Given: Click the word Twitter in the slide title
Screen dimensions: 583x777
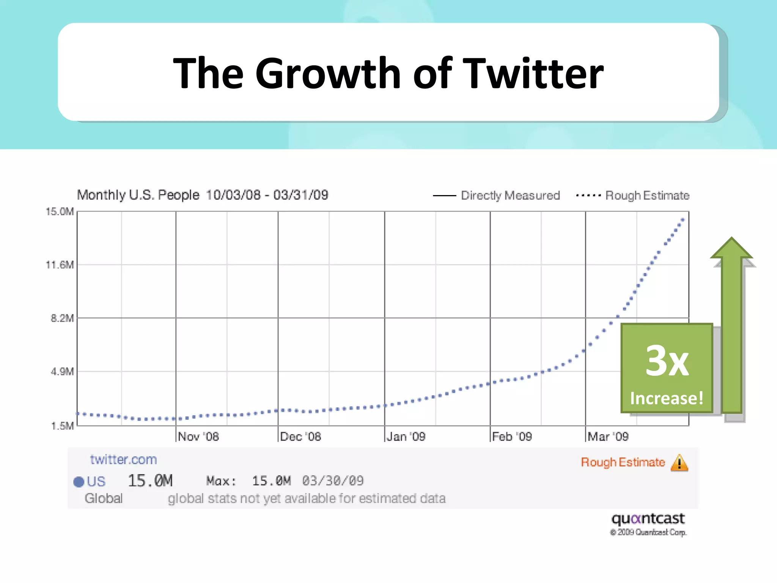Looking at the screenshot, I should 534,73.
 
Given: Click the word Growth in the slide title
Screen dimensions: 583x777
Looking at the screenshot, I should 328,73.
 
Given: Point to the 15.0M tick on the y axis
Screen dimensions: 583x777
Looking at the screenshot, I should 60,211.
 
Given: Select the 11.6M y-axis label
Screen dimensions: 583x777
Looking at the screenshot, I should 60,265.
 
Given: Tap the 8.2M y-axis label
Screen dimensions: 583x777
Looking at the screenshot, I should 62,318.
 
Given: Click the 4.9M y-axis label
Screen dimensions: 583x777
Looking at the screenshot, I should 62,371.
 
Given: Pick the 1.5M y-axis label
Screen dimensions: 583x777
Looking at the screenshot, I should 62,426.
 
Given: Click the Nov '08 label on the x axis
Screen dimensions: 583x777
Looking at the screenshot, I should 198,436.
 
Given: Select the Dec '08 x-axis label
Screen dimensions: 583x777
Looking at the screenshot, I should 300,436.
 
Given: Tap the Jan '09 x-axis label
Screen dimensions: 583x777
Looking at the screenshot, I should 406,436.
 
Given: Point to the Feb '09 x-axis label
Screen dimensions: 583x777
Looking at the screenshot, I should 512,436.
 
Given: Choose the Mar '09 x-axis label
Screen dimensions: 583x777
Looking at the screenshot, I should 608,436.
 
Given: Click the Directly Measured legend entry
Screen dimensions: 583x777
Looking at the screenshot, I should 510,195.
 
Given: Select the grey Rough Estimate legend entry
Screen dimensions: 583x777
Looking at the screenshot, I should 647,195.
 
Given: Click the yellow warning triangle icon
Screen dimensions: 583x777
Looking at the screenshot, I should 679,463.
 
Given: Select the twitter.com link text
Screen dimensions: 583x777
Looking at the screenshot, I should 123,460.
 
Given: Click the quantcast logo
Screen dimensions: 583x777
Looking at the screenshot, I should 648,518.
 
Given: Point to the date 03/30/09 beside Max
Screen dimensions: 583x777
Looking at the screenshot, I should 333,481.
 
